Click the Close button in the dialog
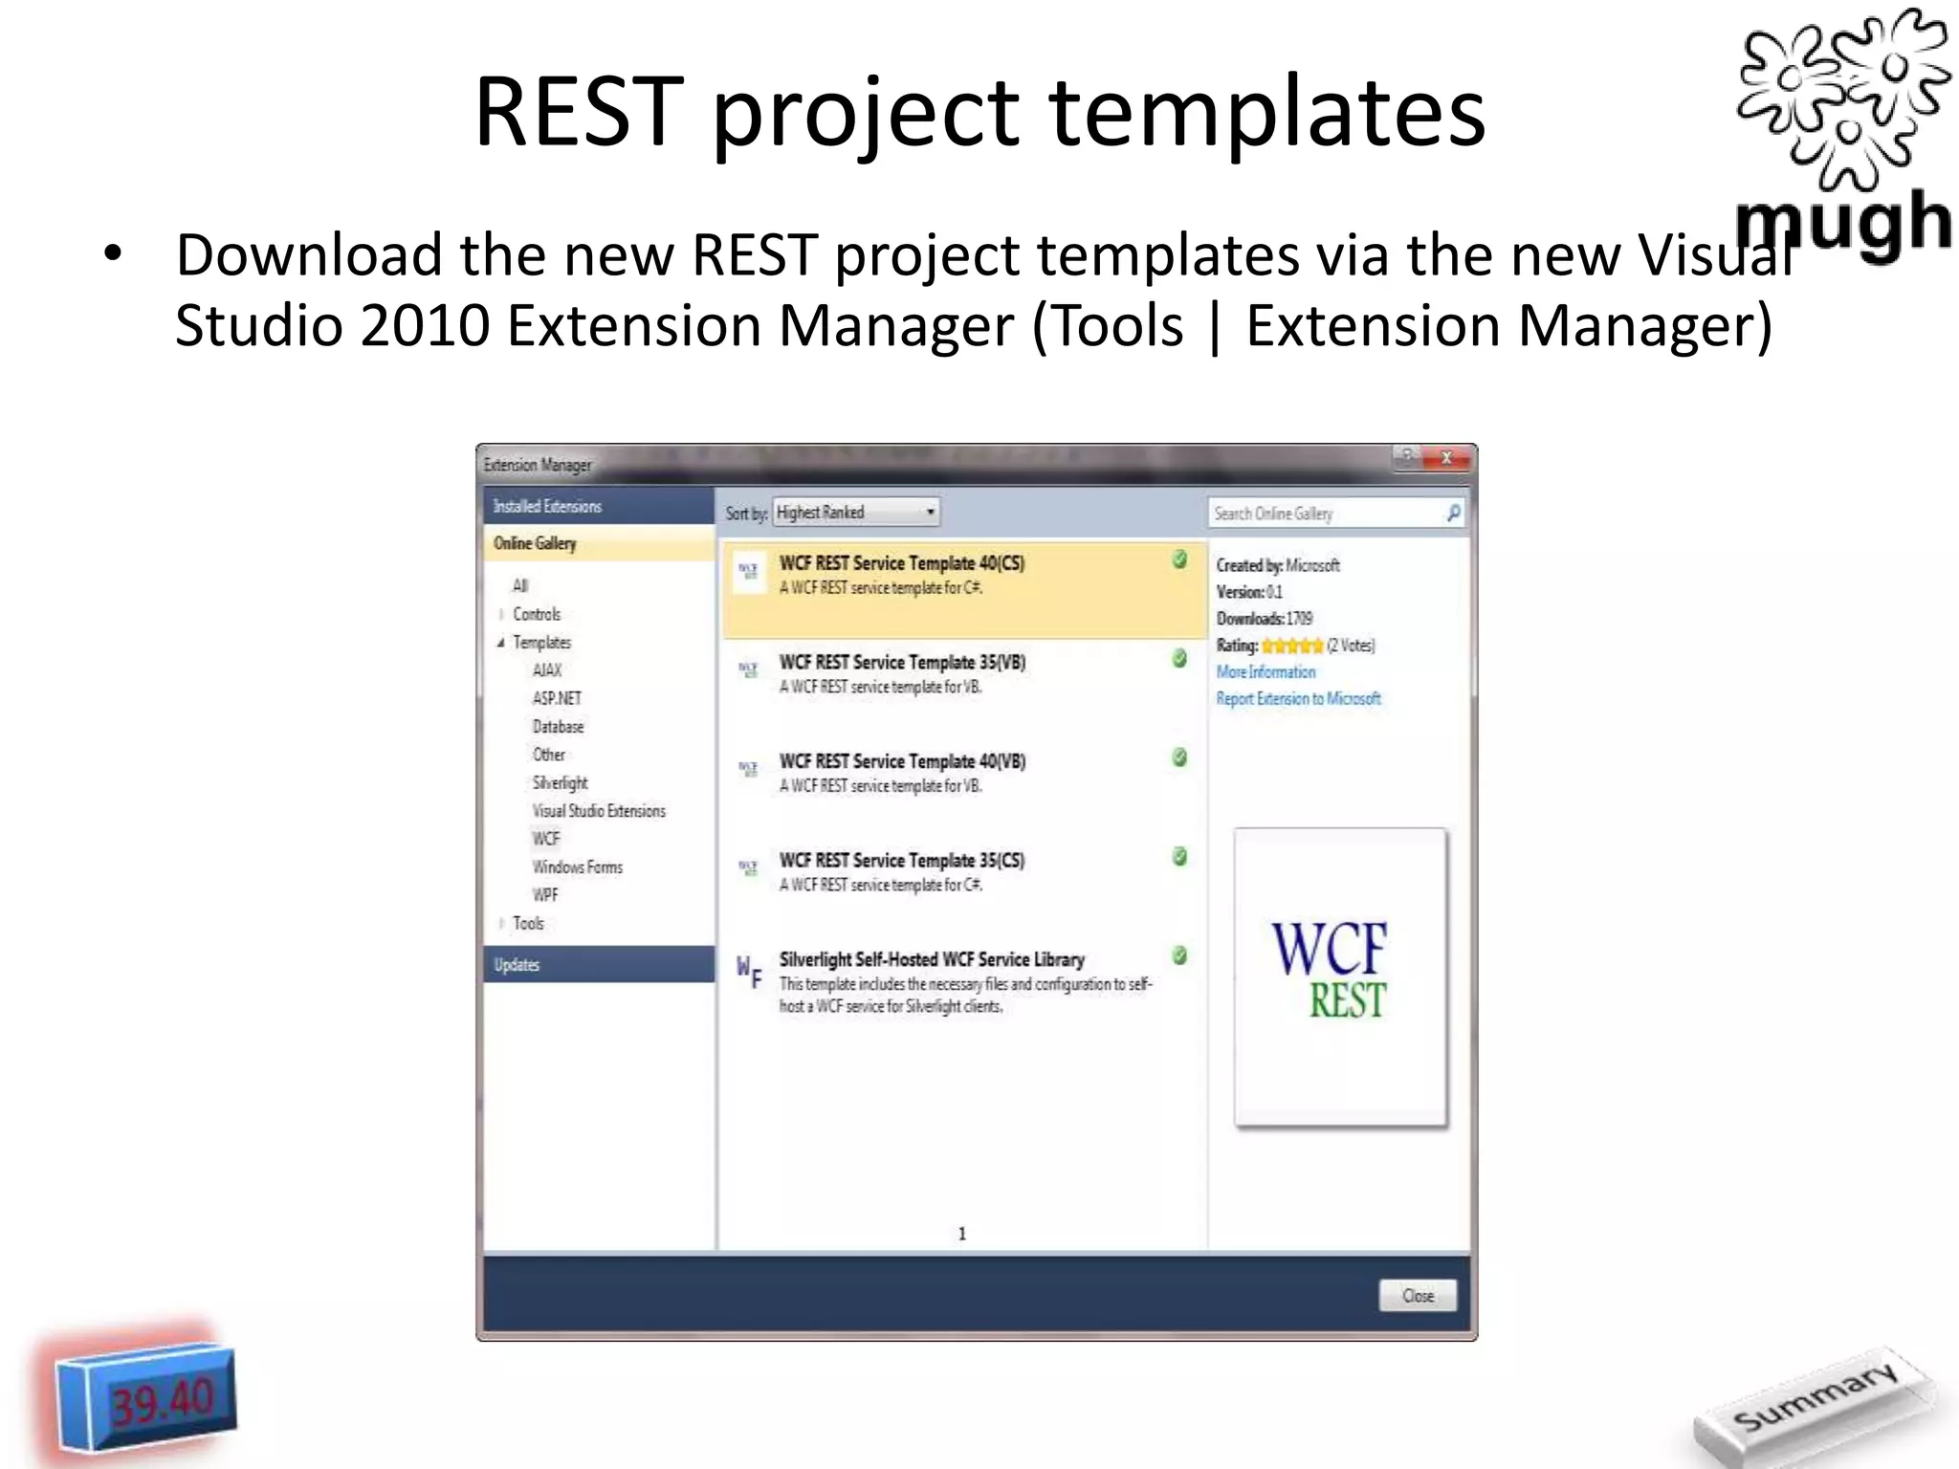1418,1295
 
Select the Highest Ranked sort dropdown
856,513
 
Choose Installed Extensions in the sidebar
548,506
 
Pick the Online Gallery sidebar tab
536,543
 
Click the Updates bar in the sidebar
517,964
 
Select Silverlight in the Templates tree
561,782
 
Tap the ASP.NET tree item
557,698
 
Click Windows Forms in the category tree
578,866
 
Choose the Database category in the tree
558,726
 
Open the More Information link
1266,671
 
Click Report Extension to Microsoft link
1298,698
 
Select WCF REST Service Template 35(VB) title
902,662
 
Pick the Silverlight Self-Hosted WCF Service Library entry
932,959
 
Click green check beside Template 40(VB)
1179,757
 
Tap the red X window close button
1446,458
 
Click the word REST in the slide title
579,112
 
